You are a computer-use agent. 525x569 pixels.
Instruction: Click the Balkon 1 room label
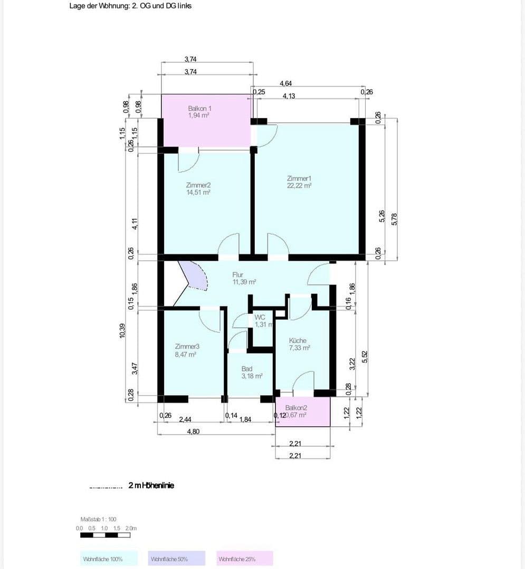(199, 108)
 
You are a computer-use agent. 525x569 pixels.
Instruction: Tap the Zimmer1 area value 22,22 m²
(299, 185)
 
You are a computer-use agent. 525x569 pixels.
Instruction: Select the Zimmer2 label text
(198, 185)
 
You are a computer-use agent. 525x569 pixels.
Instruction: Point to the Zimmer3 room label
(187, 347)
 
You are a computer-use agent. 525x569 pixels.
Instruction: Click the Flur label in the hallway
(238, 274)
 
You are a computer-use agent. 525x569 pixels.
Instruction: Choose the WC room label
(260, 317)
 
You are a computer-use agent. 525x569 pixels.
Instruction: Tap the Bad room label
(247, 369)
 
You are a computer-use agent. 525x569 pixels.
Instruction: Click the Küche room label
(298, 341)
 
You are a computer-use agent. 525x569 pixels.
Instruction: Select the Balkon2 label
(296, 408)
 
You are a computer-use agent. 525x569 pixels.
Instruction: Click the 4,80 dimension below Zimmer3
(193, 431)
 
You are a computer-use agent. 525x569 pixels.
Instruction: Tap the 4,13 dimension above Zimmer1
(289, 96)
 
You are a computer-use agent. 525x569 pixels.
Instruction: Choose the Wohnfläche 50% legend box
(176, 558)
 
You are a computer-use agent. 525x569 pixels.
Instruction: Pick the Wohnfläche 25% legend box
(245, 558)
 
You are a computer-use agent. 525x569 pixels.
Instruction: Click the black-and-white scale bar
(105, 535)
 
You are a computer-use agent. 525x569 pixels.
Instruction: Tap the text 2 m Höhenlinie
(151, 485)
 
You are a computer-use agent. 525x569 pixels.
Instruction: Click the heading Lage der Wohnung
(130, 6)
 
